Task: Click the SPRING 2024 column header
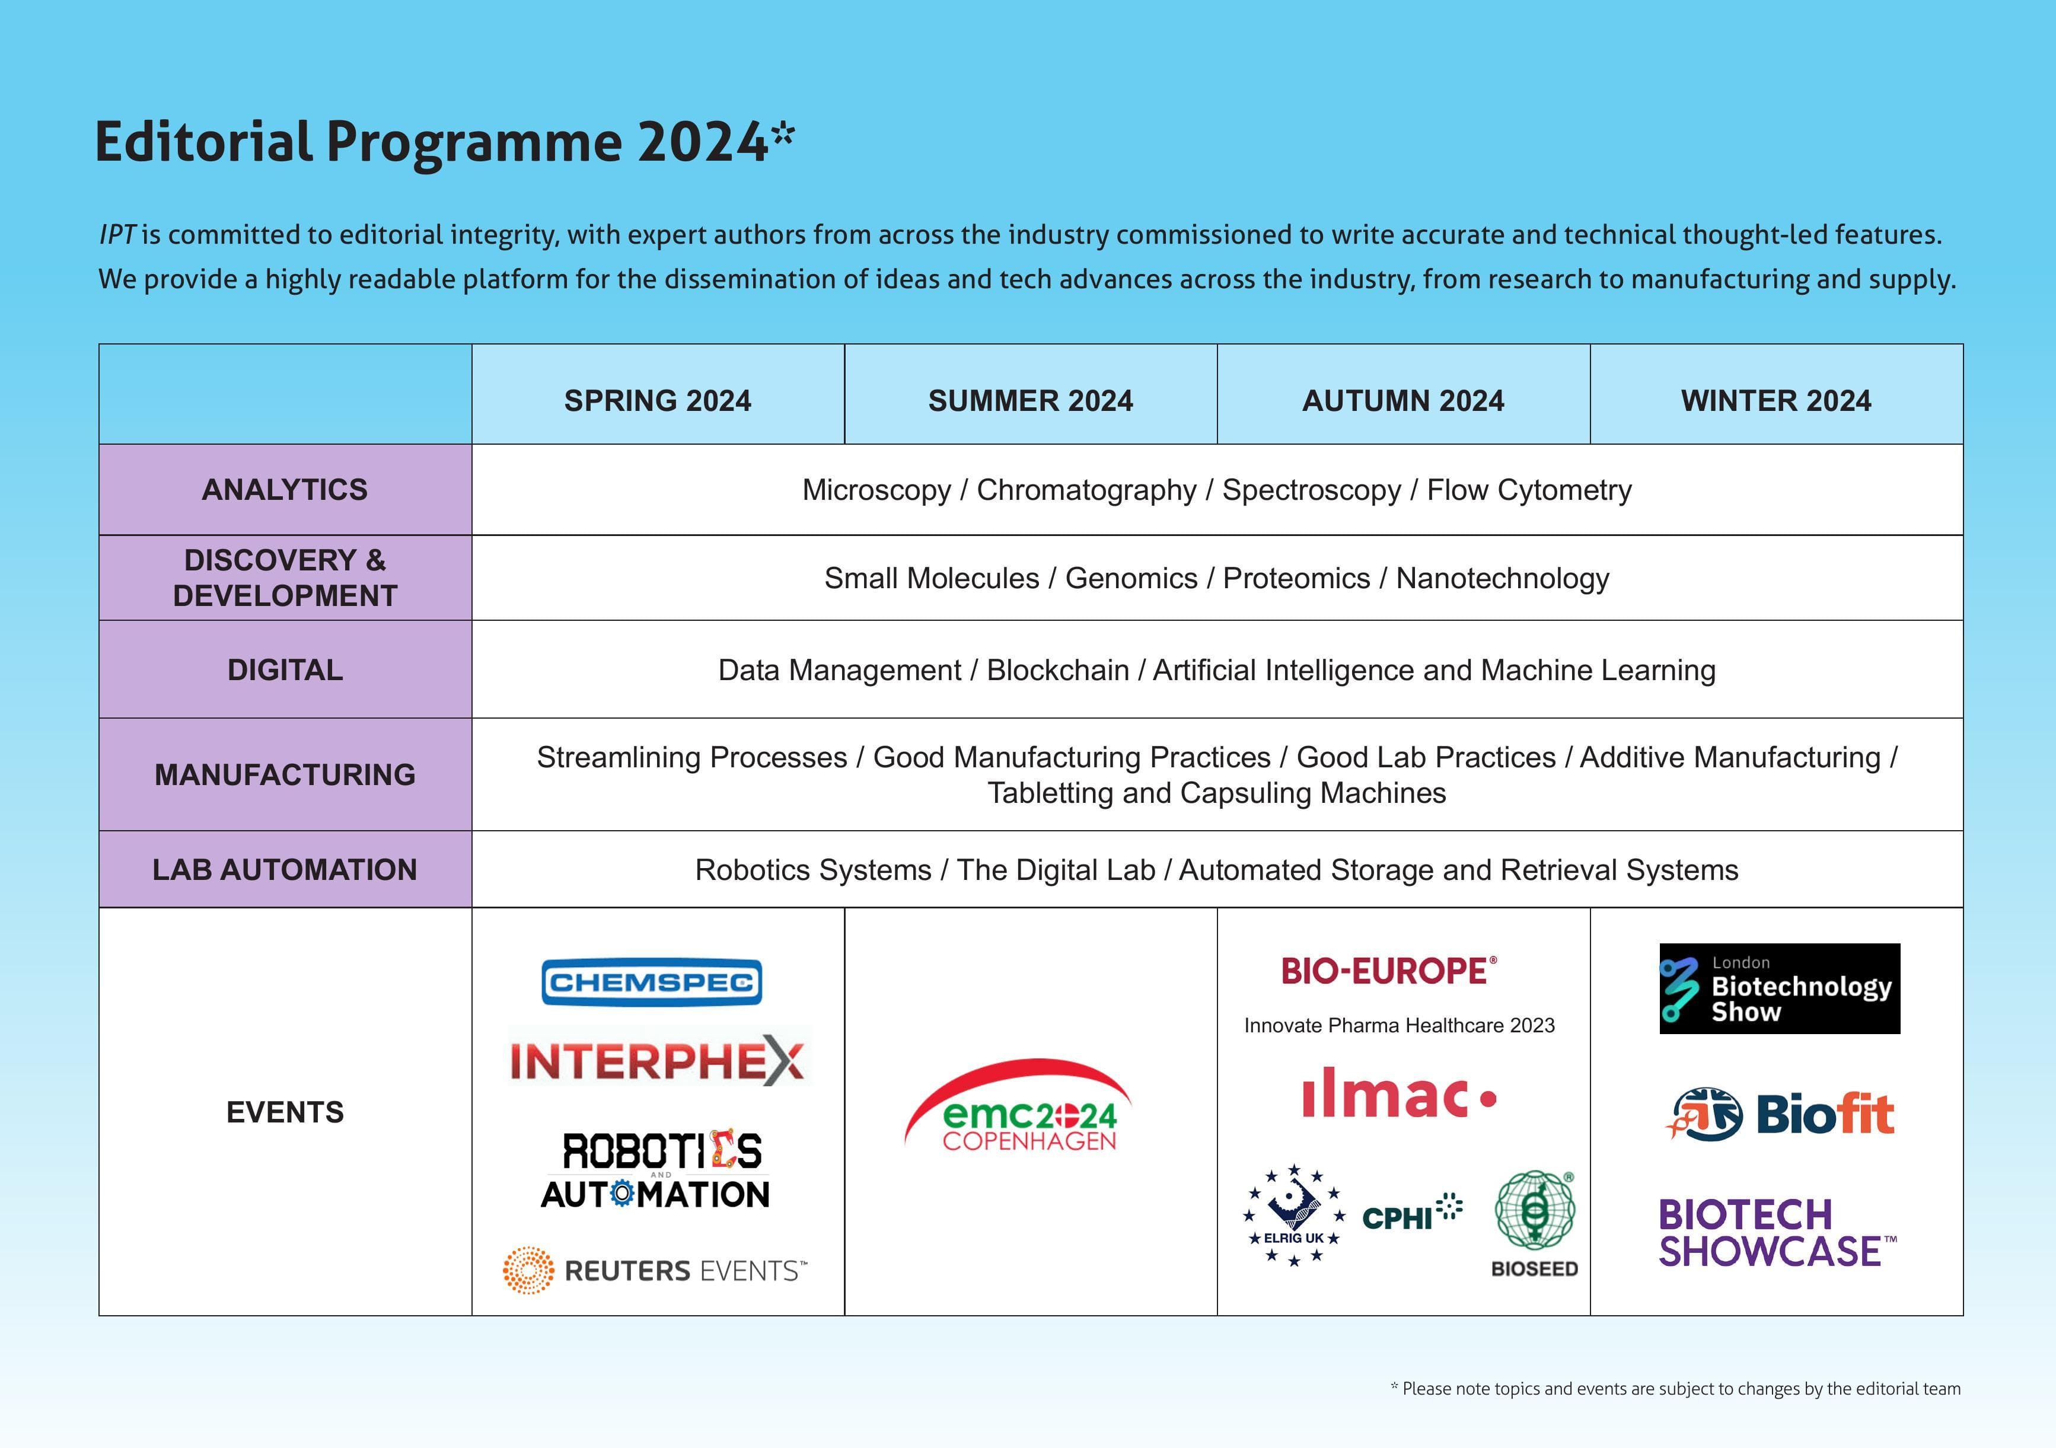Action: pyautogui.click(x=657, y=400)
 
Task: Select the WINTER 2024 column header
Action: pyautogui.click(x=1776, y=400)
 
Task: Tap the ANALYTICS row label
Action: pyautogui.click(x=285, y=490)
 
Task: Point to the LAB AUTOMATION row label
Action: pyautogui.click(x=285, y=869)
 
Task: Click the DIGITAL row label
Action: pyautogui.click(x=285, y=670)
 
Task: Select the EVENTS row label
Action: pyautogui.click(x=285, y=1112)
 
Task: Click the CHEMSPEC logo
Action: pyautogui.click(x=652, y=983)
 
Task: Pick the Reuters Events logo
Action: pyautogui.click(x=655, y=1270)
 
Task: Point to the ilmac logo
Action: pyautogui.click(x=1399, y=1094)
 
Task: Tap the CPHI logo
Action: pyautogui.click(x=1410, y=1215)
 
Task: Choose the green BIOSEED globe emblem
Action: pyautogui.click(x=1535, y=1211)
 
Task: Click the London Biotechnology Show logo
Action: pyautogui.click(x=1779, y=988)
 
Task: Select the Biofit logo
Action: pyautogui.click(x=1779, y=1115)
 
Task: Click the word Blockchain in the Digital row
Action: pyautogui.click(x=1057, y=670)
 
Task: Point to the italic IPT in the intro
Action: pyautogui.click(x=116, y=235)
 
